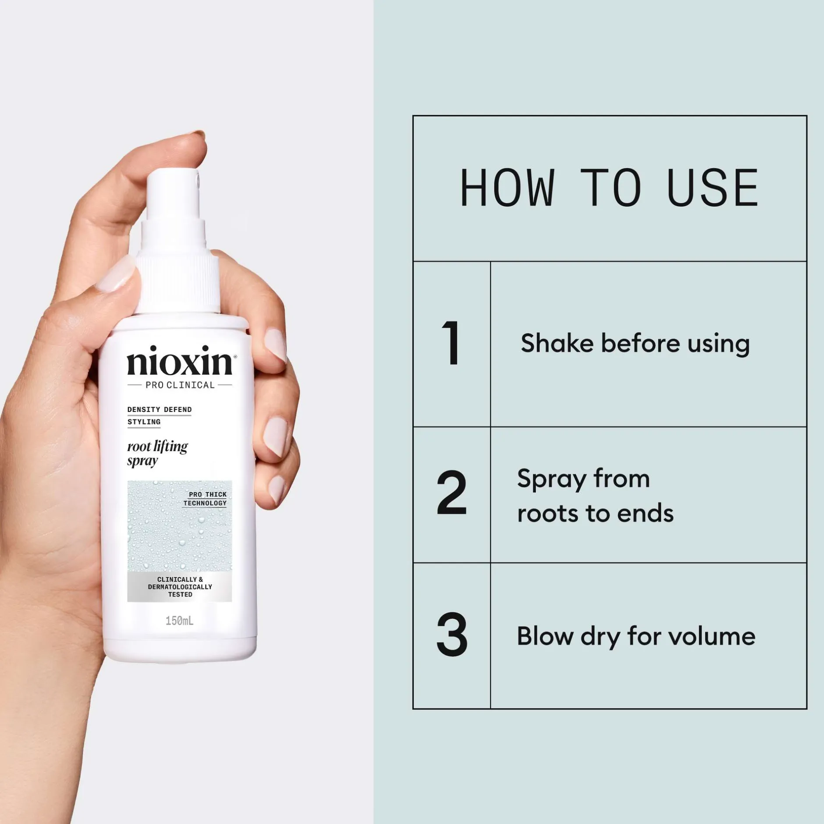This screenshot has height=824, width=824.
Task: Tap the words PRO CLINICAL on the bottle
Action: point(180,385)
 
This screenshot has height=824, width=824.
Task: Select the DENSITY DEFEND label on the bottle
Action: point(160,410)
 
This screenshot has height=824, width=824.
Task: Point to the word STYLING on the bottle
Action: point(144,422)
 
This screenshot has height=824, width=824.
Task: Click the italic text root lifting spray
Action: point(157,454)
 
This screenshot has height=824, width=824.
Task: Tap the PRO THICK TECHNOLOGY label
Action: point(205,499)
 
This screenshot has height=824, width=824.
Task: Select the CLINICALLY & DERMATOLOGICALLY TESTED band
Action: point(180,587)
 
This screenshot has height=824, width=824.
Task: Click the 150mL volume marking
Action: point(179,621)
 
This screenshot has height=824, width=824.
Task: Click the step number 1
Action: point(451,343)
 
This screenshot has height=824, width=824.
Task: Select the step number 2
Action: point(452,492)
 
